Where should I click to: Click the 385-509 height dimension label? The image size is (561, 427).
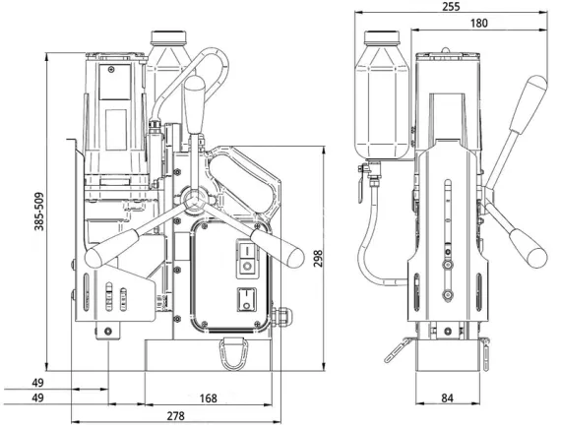pos(39,212)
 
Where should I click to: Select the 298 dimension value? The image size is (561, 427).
pos(318,258)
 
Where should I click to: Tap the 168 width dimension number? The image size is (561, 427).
pos(209,398)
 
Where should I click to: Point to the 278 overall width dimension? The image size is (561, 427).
pos(175,415)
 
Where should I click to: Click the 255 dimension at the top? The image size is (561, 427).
pos(451,7)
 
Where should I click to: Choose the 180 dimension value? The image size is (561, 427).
pos(478,24)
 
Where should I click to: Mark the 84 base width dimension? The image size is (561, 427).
pos(447,397)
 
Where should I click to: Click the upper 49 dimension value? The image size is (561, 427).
pos(37,383)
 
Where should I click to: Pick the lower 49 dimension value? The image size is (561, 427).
pos(37,397)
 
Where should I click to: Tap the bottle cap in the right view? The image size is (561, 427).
pos(382,37)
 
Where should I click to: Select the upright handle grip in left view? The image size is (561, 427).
pos(195,104)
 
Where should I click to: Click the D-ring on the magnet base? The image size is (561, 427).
pos(234,352)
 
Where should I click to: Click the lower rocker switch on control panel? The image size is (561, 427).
pos(246,299)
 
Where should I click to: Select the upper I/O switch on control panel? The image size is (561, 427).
pos(247,259)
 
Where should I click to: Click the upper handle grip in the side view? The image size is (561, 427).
pos(529,103)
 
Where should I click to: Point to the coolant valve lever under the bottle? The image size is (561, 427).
pos(361,184)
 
